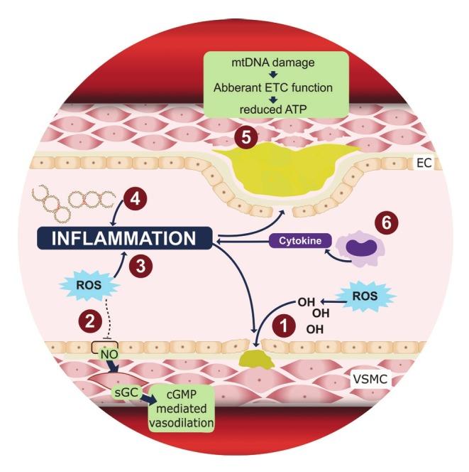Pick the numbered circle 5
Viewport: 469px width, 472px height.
tap(247, 137)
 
